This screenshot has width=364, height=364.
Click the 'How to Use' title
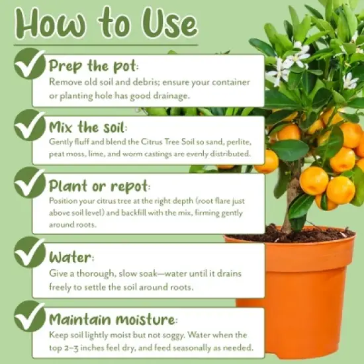(x=106, y=24)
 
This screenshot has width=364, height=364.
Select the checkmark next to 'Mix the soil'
(x=30, y=126)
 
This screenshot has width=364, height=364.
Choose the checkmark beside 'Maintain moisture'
(x=30, y=317)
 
